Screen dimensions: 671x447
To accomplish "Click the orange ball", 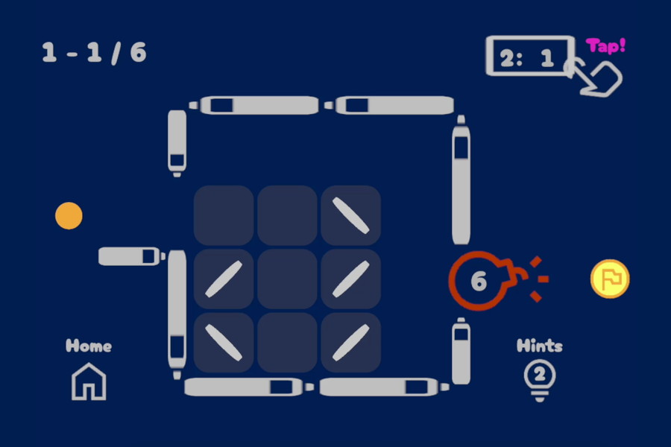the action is click(x=69, y=215).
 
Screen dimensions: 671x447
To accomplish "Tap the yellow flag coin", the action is click(x=610, y=279).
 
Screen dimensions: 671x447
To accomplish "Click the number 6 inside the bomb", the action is click(x=479, y=281).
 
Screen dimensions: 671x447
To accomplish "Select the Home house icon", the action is click(x=89, y=381).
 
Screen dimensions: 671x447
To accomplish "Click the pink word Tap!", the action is click(x=605, y=45).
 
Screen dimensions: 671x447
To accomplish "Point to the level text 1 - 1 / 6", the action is click(x=94, y=53).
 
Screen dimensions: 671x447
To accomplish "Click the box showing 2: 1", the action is click(x=530, y=56).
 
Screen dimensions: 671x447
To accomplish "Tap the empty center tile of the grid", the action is click(x=287, y=279).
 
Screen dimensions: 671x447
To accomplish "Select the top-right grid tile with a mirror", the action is click(x=351, y=215).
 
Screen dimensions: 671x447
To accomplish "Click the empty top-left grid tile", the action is click(x=224, y=215).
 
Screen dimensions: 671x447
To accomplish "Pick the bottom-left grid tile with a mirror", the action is click(x=224, y=342).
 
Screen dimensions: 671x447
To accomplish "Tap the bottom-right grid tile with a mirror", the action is click(x=351, y=342).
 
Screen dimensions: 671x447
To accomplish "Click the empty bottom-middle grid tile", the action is click(x=287, y=342).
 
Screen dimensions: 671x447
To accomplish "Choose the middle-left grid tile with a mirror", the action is click(x=224, y=279).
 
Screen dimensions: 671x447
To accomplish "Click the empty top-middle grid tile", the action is click(x=287, y=215).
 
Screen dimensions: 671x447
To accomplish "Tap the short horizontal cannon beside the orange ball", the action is click(x=132, y=256).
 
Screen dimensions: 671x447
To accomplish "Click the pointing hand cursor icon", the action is click(x=596, y=77).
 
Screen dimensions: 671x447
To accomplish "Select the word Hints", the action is click(x=540, y=346).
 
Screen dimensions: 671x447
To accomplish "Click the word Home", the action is click(x=89, y=346).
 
